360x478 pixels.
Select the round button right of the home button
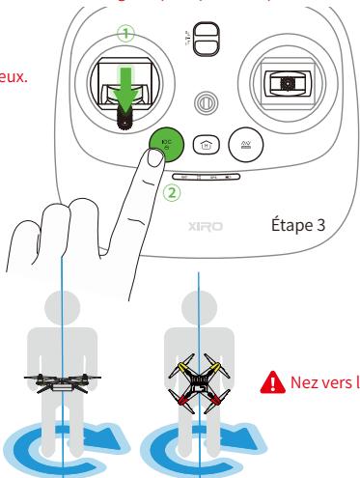[x=241, y=144]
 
